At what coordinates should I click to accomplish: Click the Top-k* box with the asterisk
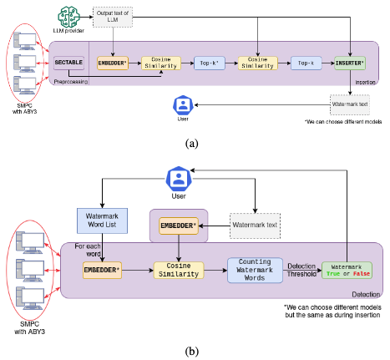coord(208,63)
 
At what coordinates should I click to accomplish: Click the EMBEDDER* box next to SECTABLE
coord(112,63)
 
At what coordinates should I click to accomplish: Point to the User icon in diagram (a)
coord(183,104)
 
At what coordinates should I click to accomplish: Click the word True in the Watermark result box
coord(335,273)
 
